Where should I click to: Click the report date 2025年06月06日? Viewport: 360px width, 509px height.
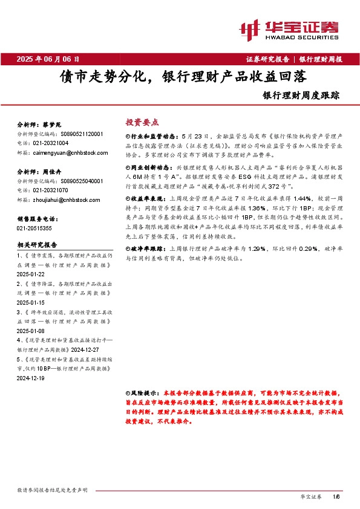(48, 59)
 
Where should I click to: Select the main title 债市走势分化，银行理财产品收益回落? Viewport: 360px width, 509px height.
(181, 77)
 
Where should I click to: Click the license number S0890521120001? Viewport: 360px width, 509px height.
(82, 134)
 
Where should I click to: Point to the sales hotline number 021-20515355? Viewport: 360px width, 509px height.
(34, 228)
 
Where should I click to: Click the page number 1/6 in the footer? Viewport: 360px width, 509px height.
(336, 496)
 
